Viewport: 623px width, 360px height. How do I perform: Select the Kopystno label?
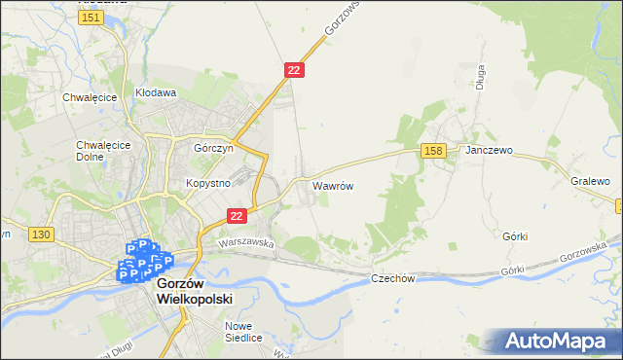pos(207,183)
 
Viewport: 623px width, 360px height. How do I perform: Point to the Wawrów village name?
pos(332,184)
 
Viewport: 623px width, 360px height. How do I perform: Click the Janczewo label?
pos(489,151)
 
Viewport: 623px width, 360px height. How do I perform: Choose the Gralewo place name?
pos(590,181)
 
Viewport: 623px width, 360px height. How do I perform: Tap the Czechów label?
pos(393,278)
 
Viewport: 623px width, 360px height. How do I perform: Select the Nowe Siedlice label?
pos(243,332)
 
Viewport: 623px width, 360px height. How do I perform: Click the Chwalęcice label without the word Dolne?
pos(90,97)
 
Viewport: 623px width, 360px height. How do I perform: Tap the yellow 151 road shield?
pos(92,18)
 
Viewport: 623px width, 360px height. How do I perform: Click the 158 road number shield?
pos(434,150)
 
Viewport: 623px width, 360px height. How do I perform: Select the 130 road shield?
pos(40,234)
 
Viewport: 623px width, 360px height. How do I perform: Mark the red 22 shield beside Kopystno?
pos(236,215)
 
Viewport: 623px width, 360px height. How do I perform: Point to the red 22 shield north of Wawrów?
pos(295,70)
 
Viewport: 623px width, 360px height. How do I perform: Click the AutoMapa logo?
pos(560,342)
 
